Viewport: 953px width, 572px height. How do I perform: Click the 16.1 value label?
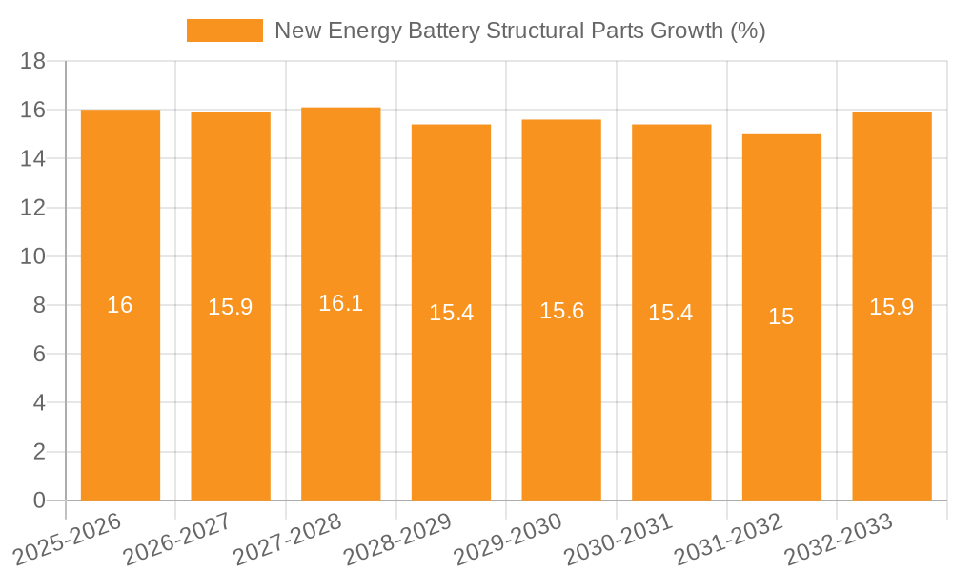(341, 303)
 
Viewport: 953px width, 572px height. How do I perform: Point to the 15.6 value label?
(561, 311)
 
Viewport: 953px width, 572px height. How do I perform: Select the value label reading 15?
(781, 317)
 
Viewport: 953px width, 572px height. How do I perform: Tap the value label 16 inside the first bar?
(120, 305)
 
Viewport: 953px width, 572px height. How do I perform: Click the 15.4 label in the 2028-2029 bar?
(451, 313)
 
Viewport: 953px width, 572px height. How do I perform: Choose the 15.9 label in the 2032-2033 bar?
(892, 306)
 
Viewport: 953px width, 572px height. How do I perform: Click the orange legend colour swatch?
(225, 31)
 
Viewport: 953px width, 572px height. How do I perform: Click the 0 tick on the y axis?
(39, 500)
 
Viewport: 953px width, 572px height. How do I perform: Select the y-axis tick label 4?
(39, 403)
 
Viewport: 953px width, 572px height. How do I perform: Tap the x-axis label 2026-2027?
(179, 538)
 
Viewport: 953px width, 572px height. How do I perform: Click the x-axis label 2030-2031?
(620, 538)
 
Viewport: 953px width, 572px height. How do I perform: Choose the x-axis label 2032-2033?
(840, 538)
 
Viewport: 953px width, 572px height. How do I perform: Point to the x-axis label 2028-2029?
(399, 538)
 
